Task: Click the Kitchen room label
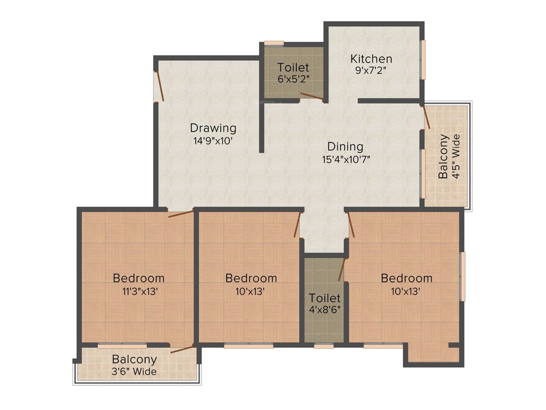(x=371, y=59)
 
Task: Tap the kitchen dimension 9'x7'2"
(x=371, y=70)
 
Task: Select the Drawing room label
(x=213, y=128)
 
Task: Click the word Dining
(x=345, y=146)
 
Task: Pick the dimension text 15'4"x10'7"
(x=346, y=159)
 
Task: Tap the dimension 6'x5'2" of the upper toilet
(x=293, y=78)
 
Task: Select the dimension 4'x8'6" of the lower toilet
(x=325, y=309)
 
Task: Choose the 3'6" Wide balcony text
(x=134, y=372)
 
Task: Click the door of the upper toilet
(x=311, y=96)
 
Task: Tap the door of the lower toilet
(x=342, y=269)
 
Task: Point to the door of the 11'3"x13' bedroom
(x=181, y=215)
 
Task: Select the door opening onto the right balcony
(x=426, y=116)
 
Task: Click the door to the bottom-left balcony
(x=183, y=350)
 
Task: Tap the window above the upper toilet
(x=274, y=43)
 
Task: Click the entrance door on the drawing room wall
(x=158, y=86)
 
